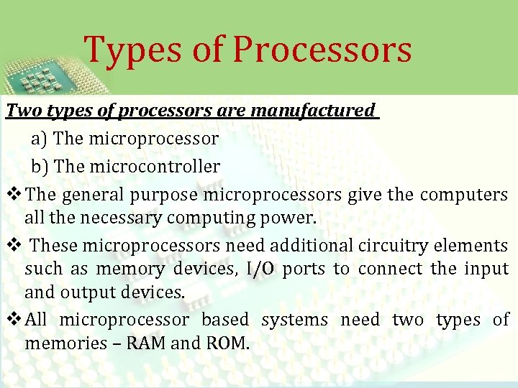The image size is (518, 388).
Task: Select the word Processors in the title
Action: pyautogui.click(x=322, y=49)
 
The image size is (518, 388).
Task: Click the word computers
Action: pyautogui.click(x=464, y=195)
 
